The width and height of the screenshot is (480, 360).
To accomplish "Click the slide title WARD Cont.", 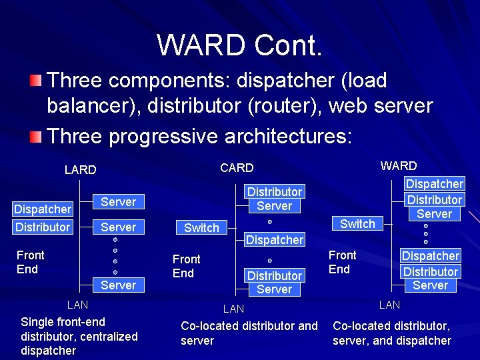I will click(x=240, y=45).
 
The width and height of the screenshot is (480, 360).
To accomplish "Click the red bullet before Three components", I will click(x=35, y=81).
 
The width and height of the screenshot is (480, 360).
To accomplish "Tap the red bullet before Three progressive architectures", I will click(x=35, y=137).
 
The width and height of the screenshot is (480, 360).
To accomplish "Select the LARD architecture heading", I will click(x=80, y=170).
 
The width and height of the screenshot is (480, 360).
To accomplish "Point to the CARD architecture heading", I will click(x=237, y=168).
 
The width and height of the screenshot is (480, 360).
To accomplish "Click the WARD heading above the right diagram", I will click(x=398, y=166).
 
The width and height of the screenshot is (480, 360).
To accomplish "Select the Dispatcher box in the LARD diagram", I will click(x=43, y=209).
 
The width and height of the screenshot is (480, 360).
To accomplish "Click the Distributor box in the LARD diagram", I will click(x=43, y=227).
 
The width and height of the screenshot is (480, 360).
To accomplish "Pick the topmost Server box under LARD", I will click(x=118, y=202).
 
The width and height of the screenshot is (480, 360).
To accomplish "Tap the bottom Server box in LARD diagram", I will click(x=118, y=285).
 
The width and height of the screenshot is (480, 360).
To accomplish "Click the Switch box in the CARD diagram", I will click(x=201, y=228).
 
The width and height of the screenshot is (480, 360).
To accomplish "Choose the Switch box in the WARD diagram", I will click(x=357, y=224).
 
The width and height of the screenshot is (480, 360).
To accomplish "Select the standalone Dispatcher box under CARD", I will click(x=275, y=239).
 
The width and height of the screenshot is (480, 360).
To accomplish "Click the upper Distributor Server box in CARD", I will click(x=275, y=199).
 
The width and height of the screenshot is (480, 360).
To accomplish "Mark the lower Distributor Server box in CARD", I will click(x=275, y=283).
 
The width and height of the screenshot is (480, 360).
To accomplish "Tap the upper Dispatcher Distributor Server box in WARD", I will click(x=435, y=199).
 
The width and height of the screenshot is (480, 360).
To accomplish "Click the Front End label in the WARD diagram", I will click(x=342, y=262).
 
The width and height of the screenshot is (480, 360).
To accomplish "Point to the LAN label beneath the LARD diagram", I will click(x=78, y=305).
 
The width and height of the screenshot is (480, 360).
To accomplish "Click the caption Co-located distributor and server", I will click(x=249, y=333).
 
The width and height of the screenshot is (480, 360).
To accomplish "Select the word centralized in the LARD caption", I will click(x=109, y=337).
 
